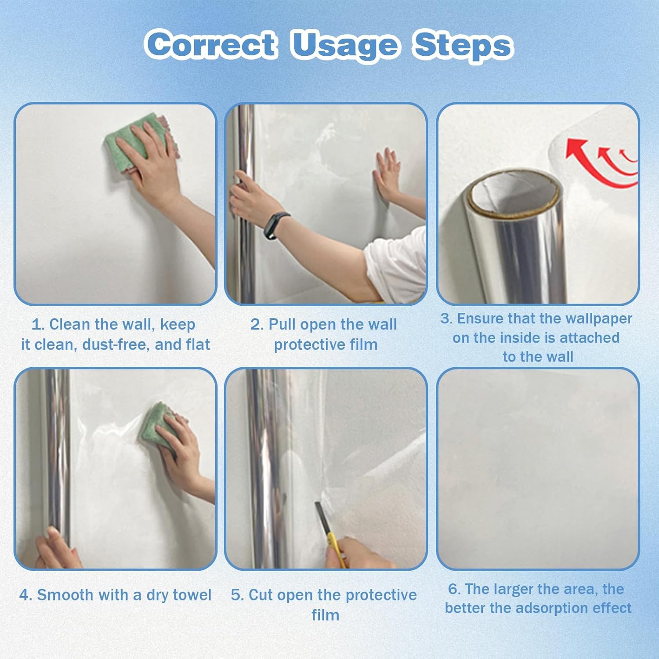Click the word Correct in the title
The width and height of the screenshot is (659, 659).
click(211, 44)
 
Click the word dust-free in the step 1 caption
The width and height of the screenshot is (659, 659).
click(116, 344)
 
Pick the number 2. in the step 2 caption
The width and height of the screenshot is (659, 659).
click(257, 325)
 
